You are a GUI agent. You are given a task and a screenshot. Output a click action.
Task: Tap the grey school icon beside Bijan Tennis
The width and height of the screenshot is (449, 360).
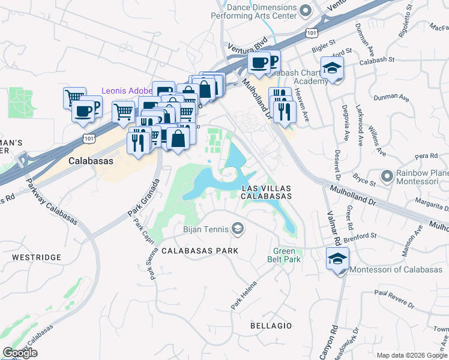(238, 228)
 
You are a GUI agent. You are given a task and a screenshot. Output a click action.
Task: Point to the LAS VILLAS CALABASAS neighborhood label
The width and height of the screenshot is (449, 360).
(266, 192)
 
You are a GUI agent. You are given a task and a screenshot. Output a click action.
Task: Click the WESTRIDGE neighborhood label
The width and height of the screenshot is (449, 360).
(37, 257)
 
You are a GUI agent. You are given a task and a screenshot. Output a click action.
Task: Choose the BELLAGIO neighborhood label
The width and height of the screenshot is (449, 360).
(271, 326)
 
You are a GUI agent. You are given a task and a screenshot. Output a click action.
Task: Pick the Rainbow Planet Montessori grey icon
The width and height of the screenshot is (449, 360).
(387, 177)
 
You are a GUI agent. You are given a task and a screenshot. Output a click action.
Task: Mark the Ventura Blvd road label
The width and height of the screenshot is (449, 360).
(247, 46)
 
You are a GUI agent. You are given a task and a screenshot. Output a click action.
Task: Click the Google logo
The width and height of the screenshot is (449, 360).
(20, 353)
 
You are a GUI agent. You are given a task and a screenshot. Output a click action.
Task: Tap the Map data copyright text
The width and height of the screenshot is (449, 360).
(412, 355)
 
